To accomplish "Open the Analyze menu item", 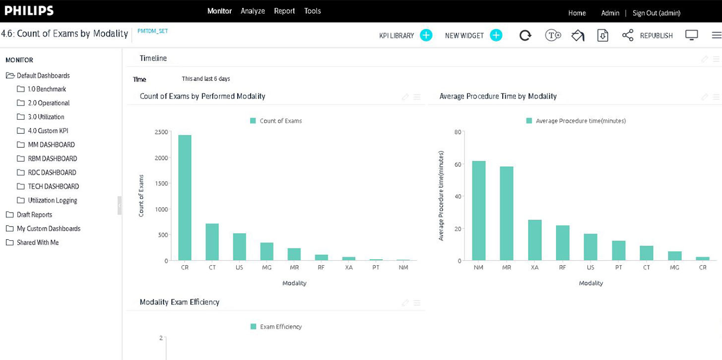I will click(x=253, y=11).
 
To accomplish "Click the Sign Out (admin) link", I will click(x=656, y=13).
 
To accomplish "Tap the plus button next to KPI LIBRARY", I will click(x=426, y=35).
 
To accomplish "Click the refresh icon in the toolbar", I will click(x=525, y=35).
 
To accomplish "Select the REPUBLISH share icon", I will click(x=628, y=35).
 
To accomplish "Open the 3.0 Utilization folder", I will click(x=46, y=117).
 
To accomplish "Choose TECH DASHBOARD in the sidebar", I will click(x=53, y=186).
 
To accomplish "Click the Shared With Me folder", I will click(x=37, y=242).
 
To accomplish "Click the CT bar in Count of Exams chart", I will click(x=212, y=242).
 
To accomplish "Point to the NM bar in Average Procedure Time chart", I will click(x=479, y=211).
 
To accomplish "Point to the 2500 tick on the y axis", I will click(x=161, y=132).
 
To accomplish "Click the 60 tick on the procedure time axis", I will click(x=458, y=164).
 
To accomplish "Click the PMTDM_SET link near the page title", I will click(x=152, y=31).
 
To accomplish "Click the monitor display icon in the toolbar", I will click(x=691, y=35).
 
